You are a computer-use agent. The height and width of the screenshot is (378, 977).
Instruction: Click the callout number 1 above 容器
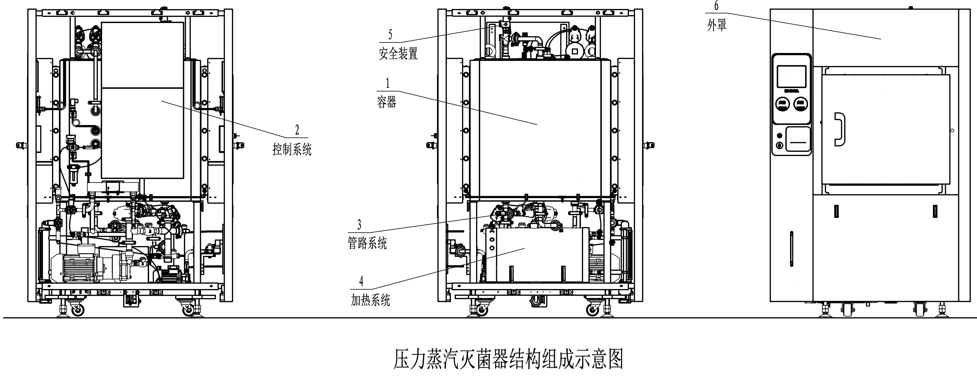(x=387, y=83)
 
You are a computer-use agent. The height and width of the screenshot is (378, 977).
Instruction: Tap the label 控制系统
(x=292, y=150)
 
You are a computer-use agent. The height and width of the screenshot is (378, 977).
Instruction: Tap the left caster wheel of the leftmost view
(x=77, y=311)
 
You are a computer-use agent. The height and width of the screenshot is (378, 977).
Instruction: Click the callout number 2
(x=297, y=130)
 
